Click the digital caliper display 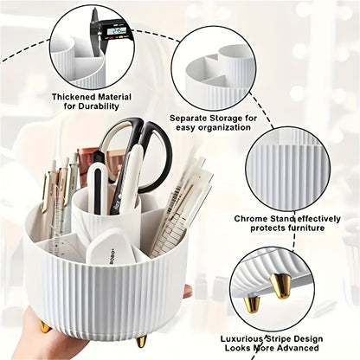(x=118, y=32)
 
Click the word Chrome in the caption (x=254, y=218)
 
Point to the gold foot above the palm (x=44, y=325)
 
